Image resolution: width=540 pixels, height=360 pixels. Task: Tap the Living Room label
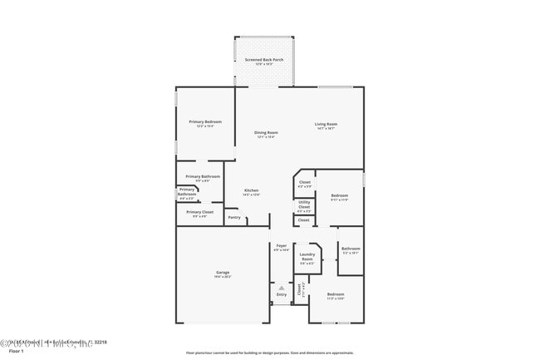[x=326, y=125]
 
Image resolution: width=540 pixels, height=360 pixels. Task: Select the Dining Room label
[x=266, y=133]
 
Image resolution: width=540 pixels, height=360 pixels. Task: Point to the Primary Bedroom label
[x=204, y=121]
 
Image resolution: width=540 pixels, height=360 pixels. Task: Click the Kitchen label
[x=251, y=191]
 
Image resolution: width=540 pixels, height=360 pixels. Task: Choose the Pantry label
[x=234, y=218]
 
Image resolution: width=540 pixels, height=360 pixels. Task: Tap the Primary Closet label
[x=199, y=212]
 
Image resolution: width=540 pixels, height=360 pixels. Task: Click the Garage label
[x=223, y=274]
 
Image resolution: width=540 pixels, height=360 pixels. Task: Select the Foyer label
[x=282, y=246]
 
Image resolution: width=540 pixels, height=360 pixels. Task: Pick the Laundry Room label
[x=307, y=258]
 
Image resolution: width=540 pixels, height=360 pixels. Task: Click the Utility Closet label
[x=304, y=205]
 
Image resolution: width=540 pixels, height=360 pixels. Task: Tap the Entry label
[x=281, y=294]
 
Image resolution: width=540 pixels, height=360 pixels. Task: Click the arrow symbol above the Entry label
[x=281, y=287]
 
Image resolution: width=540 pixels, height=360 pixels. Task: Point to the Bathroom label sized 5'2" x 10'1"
[x=350, y=249]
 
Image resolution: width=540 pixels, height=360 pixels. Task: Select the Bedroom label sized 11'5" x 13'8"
[x=335, y=295]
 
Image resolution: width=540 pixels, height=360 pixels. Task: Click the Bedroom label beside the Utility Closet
[x=339, y=197]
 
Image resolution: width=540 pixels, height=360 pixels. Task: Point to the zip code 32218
[x=100, y=342]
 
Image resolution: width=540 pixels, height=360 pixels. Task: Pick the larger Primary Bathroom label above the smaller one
[x=202, y=176]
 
